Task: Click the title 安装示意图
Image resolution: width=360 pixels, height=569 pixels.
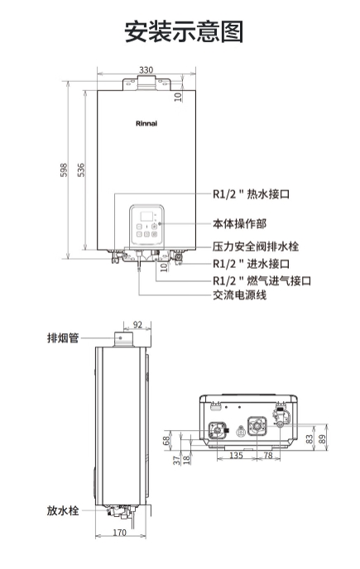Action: pos(184,31)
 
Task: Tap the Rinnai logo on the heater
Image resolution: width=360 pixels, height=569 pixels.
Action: pos(146,124)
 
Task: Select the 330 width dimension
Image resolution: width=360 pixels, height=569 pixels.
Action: pos(146,69)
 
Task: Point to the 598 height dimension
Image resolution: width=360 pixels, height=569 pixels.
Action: pos(64,170)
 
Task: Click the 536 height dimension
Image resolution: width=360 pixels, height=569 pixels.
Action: pos(80,170)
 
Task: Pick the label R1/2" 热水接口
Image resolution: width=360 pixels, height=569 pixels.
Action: pos(251,194)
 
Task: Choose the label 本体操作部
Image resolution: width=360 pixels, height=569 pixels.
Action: pos(239,223)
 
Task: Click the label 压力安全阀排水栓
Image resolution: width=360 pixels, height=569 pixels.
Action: pos(256,246)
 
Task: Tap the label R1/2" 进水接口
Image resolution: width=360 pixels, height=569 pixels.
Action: pos(251,264)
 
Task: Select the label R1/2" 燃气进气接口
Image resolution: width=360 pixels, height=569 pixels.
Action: pos(262,280)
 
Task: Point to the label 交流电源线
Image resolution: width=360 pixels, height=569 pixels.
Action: pos(239,294)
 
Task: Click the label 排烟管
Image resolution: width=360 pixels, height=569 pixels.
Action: pos(63,337)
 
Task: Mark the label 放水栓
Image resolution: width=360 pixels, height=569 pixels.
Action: pos(63,510)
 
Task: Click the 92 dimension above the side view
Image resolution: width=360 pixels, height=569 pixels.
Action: pos(137,324)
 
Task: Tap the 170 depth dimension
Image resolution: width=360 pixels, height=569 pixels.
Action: pos(119,533)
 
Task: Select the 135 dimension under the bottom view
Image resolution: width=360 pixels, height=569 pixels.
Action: pos(236,455)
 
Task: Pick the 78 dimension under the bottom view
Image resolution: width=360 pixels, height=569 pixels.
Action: pos(268,455)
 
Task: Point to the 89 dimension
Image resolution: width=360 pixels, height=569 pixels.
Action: pos(322,439)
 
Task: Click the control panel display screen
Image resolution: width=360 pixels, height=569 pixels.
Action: pos(146,217)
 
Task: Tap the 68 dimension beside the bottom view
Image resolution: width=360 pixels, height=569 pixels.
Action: pos(166,441)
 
